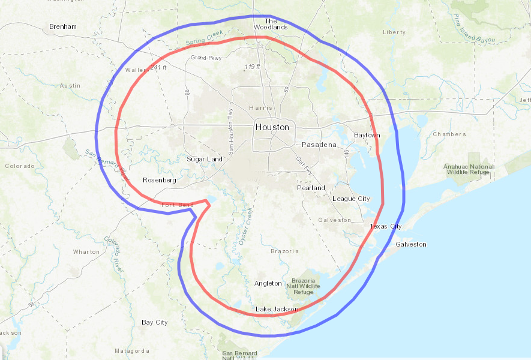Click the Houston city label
pos(272,127)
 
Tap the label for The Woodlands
pos(271,24)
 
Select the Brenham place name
pos(63,27)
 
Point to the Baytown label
pos(367,135)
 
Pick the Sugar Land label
pos(204,159)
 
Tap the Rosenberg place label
pos(159,180)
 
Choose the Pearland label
pos(311,188)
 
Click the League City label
pos(351,199)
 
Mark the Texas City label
pos(386,226)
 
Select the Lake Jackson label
pos(277,309)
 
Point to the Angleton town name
pos(268,283)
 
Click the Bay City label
pos(154,322)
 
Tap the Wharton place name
pos(86,252)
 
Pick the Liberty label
pos(394,32)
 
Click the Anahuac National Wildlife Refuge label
pos(469,169)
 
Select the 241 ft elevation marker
pos(159,67)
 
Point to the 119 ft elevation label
pos(252,67)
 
